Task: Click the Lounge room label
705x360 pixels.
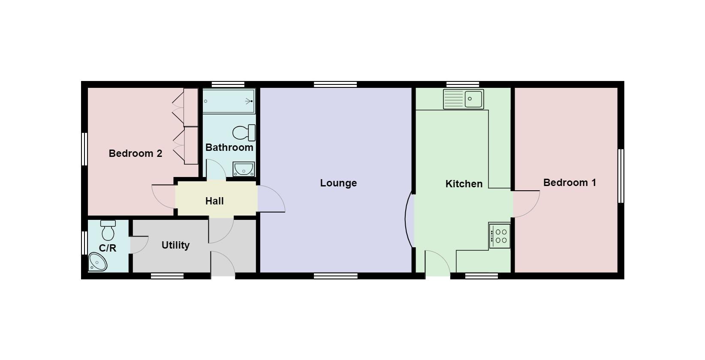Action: pos(338,183)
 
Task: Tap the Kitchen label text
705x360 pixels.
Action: pos(464,184)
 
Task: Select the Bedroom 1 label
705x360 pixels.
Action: pos(569,183)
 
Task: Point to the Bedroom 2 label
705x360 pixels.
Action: pos(136,153)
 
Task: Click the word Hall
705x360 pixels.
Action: pos(214,201)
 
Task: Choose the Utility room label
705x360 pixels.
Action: pos(175,245)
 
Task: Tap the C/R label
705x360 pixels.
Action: pos(107,248)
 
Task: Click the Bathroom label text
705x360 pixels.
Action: pos(229,147)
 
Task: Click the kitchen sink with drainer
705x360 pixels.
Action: pos(463,99)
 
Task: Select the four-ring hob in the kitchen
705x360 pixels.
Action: pos(500,236)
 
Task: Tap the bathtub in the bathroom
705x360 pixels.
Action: pos(229,101)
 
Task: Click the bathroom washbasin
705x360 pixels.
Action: pos(244,169)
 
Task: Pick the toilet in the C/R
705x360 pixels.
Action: pos(108,231)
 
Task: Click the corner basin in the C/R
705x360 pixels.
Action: pos(97,261)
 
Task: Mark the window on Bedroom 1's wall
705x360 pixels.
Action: pos(621,176)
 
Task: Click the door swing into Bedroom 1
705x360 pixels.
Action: pos(527,204)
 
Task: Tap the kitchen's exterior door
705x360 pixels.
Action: pos(438,264)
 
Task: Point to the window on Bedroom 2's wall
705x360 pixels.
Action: pos(84,149)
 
